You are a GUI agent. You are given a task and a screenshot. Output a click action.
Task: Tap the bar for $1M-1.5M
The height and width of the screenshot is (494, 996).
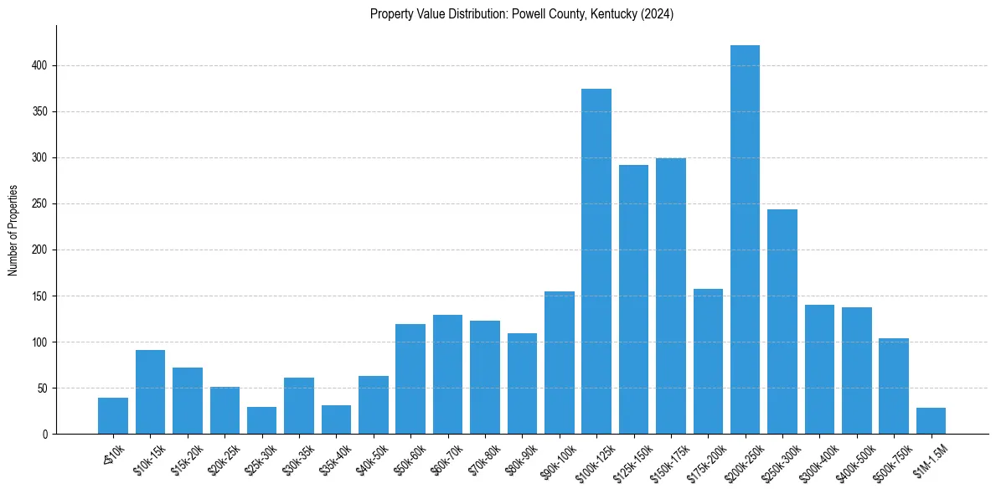[x=931, y=421]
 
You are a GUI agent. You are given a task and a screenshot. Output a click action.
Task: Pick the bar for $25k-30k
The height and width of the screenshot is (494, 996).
[x=261, y=420]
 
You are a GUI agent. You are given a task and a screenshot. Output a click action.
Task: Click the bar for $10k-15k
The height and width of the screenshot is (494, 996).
[x=150, y=392]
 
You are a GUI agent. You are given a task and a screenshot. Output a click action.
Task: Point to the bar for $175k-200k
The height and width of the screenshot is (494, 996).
[x=708, y=362]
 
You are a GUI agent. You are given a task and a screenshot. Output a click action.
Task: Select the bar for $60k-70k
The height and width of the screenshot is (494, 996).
[x=447, y=374]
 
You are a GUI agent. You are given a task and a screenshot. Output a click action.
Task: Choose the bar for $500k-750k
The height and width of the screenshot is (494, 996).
[x=894, y=386]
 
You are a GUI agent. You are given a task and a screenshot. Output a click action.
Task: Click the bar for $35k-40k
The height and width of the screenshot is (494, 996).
[x=336, y=419]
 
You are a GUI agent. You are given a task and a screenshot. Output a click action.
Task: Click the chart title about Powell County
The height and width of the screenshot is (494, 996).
[x=522, y=14]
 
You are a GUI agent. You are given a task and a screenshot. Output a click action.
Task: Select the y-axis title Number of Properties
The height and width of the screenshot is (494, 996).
[x=13, y=230]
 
